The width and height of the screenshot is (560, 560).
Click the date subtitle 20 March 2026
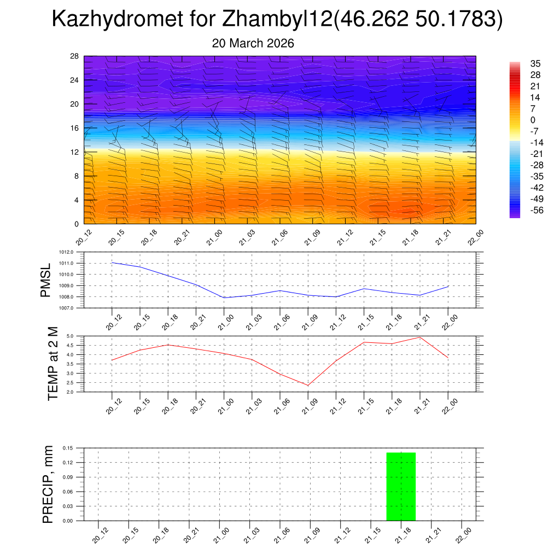point(253,43)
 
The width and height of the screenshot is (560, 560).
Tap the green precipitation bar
point(401,487)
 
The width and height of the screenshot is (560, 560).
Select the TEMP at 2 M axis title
point(52,364)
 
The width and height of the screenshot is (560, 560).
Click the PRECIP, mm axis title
point(48,485)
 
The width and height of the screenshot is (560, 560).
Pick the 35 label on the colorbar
point(536,63)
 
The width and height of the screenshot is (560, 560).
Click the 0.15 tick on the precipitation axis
point(67,448)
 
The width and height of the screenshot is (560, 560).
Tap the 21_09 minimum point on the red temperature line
point(307,386)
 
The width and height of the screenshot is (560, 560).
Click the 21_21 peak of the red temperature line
point(419,337)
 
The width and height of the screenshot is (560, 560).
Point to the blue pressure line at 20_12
point(112,262)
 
